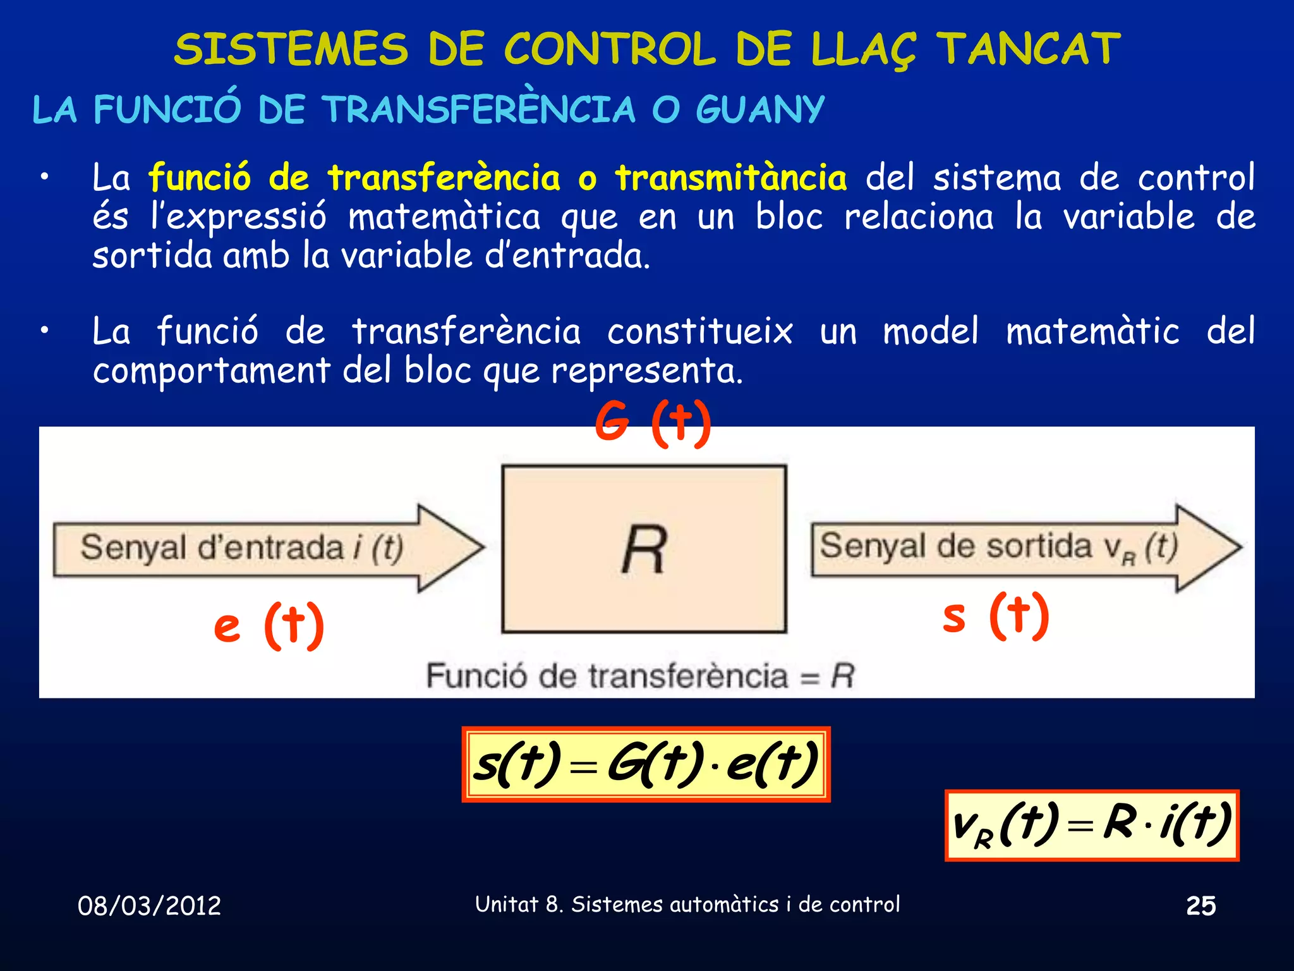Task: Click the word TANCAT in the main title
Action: [1027, 49]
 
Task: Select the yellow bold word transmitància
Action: [730, 178]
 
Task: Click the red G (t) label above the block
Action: [653, 422]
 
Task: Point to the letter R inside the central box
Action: [644, 549]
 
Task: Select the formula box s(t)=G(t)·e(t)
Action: [646, 764]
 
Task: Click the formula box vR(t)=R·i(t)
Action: [1091, 825]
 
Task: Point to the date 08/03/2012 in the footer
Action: [149, 906]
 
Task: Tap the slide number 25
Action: [1200, 906]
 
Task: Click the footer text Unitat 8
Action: [518, 905]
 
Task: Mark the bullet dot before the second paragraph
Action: [44, 331]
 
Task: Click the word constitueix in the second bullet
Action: [699, 331]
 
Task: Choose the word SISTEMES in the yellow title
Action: [291, 49]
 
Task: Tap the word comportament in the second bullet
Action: [211, 371]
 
